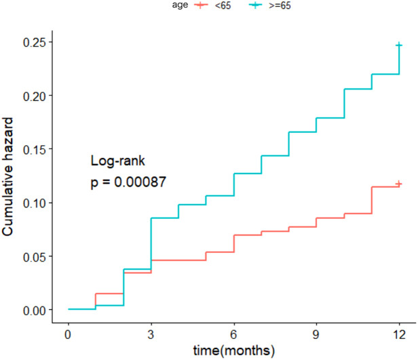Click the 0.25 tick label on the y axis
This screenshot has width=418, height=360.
[34, 43]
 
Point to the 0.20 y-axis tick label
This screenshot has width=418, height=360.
[34, 96]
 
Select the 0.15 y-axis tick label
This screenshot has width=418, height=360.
[34, 150]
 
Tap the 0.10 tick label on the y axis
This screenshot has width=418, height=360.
[34, 203]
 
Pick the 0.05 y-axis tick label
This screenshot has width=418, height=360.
[34, 257]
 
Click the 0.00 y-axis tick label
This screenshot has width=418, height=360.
[34, 311]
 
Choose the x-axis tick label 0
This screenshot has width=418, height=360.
[69, 335]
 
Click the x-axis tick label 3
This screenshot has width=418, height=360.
[151, 335]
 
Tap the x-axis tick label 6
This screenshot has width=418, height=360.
[234, 335]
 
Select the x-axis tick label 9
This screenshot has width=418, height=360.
[316, 335]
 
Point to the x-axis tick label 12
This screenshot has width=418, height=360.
[399, 335]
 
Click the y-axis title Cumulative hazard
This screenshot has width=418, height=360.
[7, 176]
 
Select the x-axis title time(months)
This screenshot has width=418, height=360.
[234, 351]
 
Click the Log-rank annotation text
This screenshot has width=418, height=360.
[118, 161]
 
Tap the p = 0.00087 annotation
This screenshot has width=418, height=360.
[128, 182]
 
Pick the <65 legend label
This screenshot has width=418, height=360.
[223, 5]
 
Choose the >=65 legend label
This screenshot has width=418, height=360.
[280, 5]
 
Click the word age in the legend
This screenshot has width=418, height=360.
[180, 5]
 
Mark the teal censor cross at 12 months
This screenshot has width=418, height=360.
[399, 45]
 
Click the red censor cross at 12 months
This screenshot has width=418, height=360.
[399, 184]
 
